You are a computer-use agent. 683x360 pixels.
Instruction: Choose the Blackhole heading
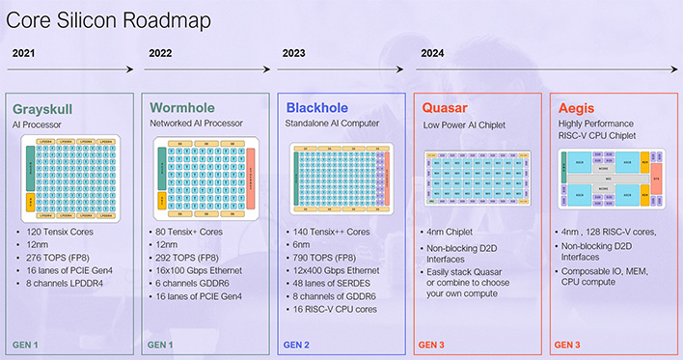316,108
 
